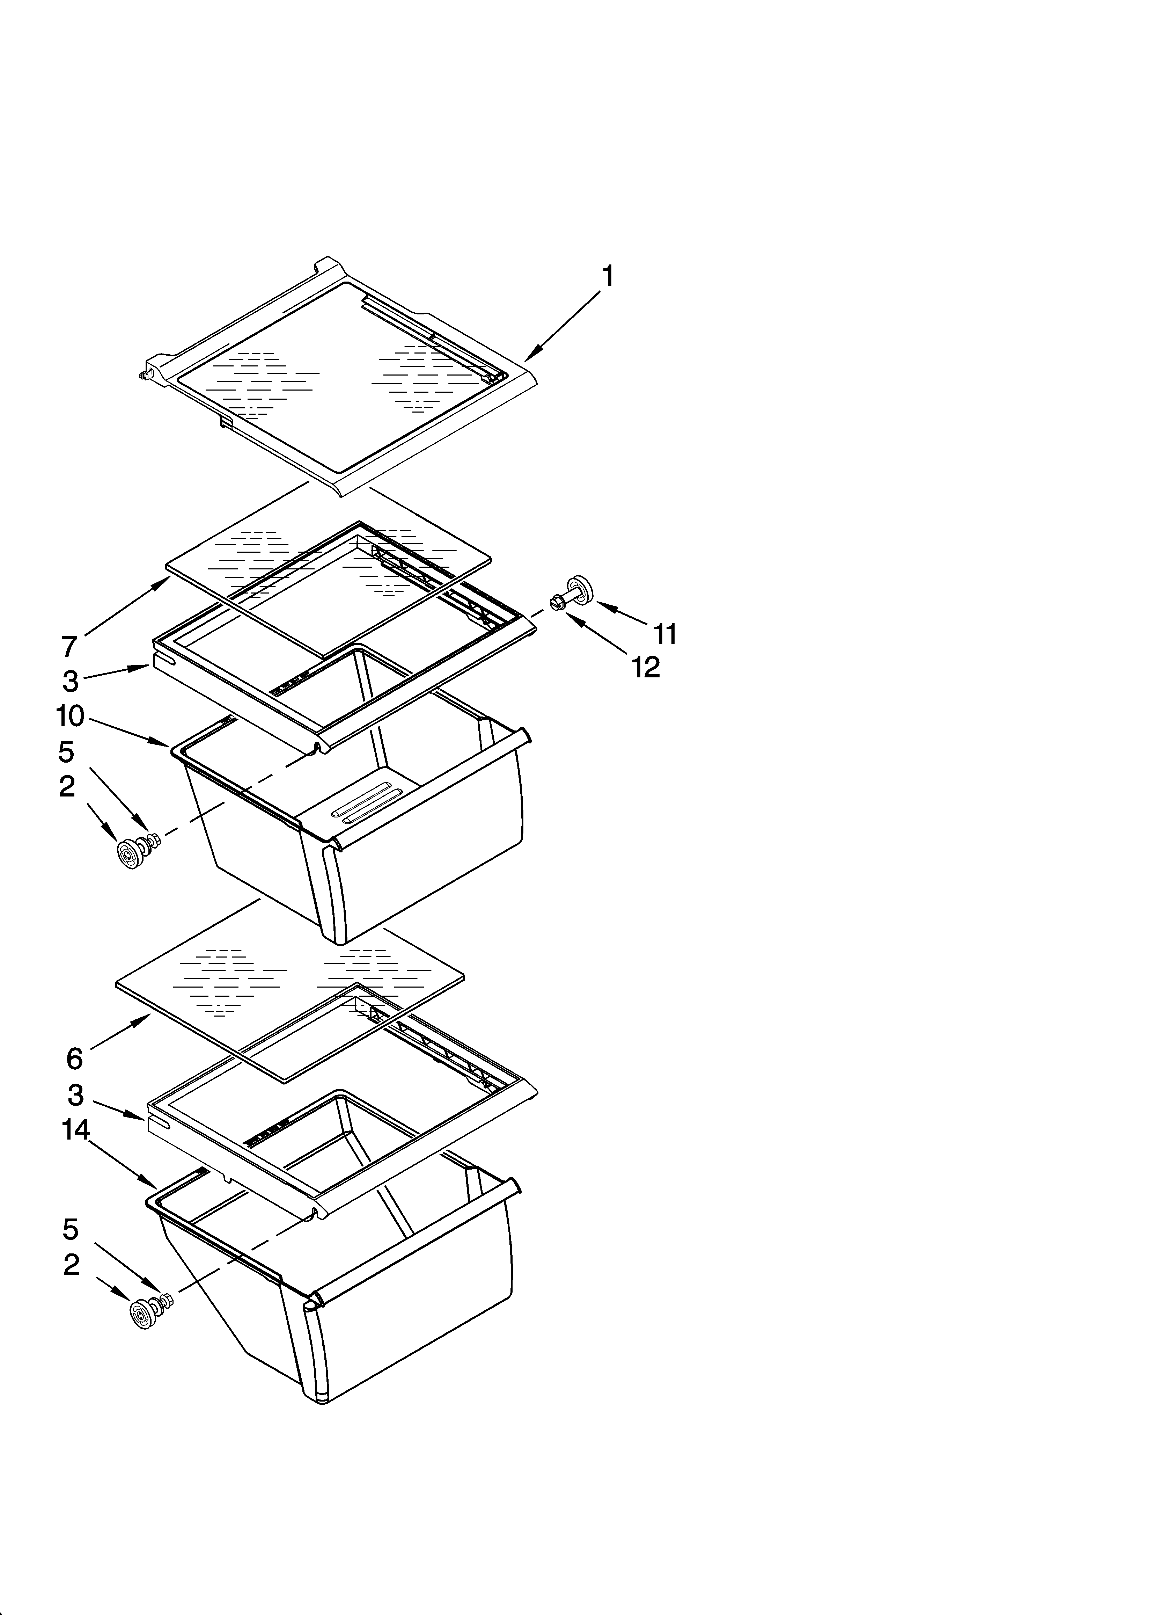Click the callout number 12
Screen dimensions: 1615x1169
[x=646, y=667]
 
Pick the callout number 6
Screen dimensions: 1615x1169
[x=75, y=1059]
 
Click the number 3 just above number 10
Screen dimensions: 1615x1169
[x=70, y=681]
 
